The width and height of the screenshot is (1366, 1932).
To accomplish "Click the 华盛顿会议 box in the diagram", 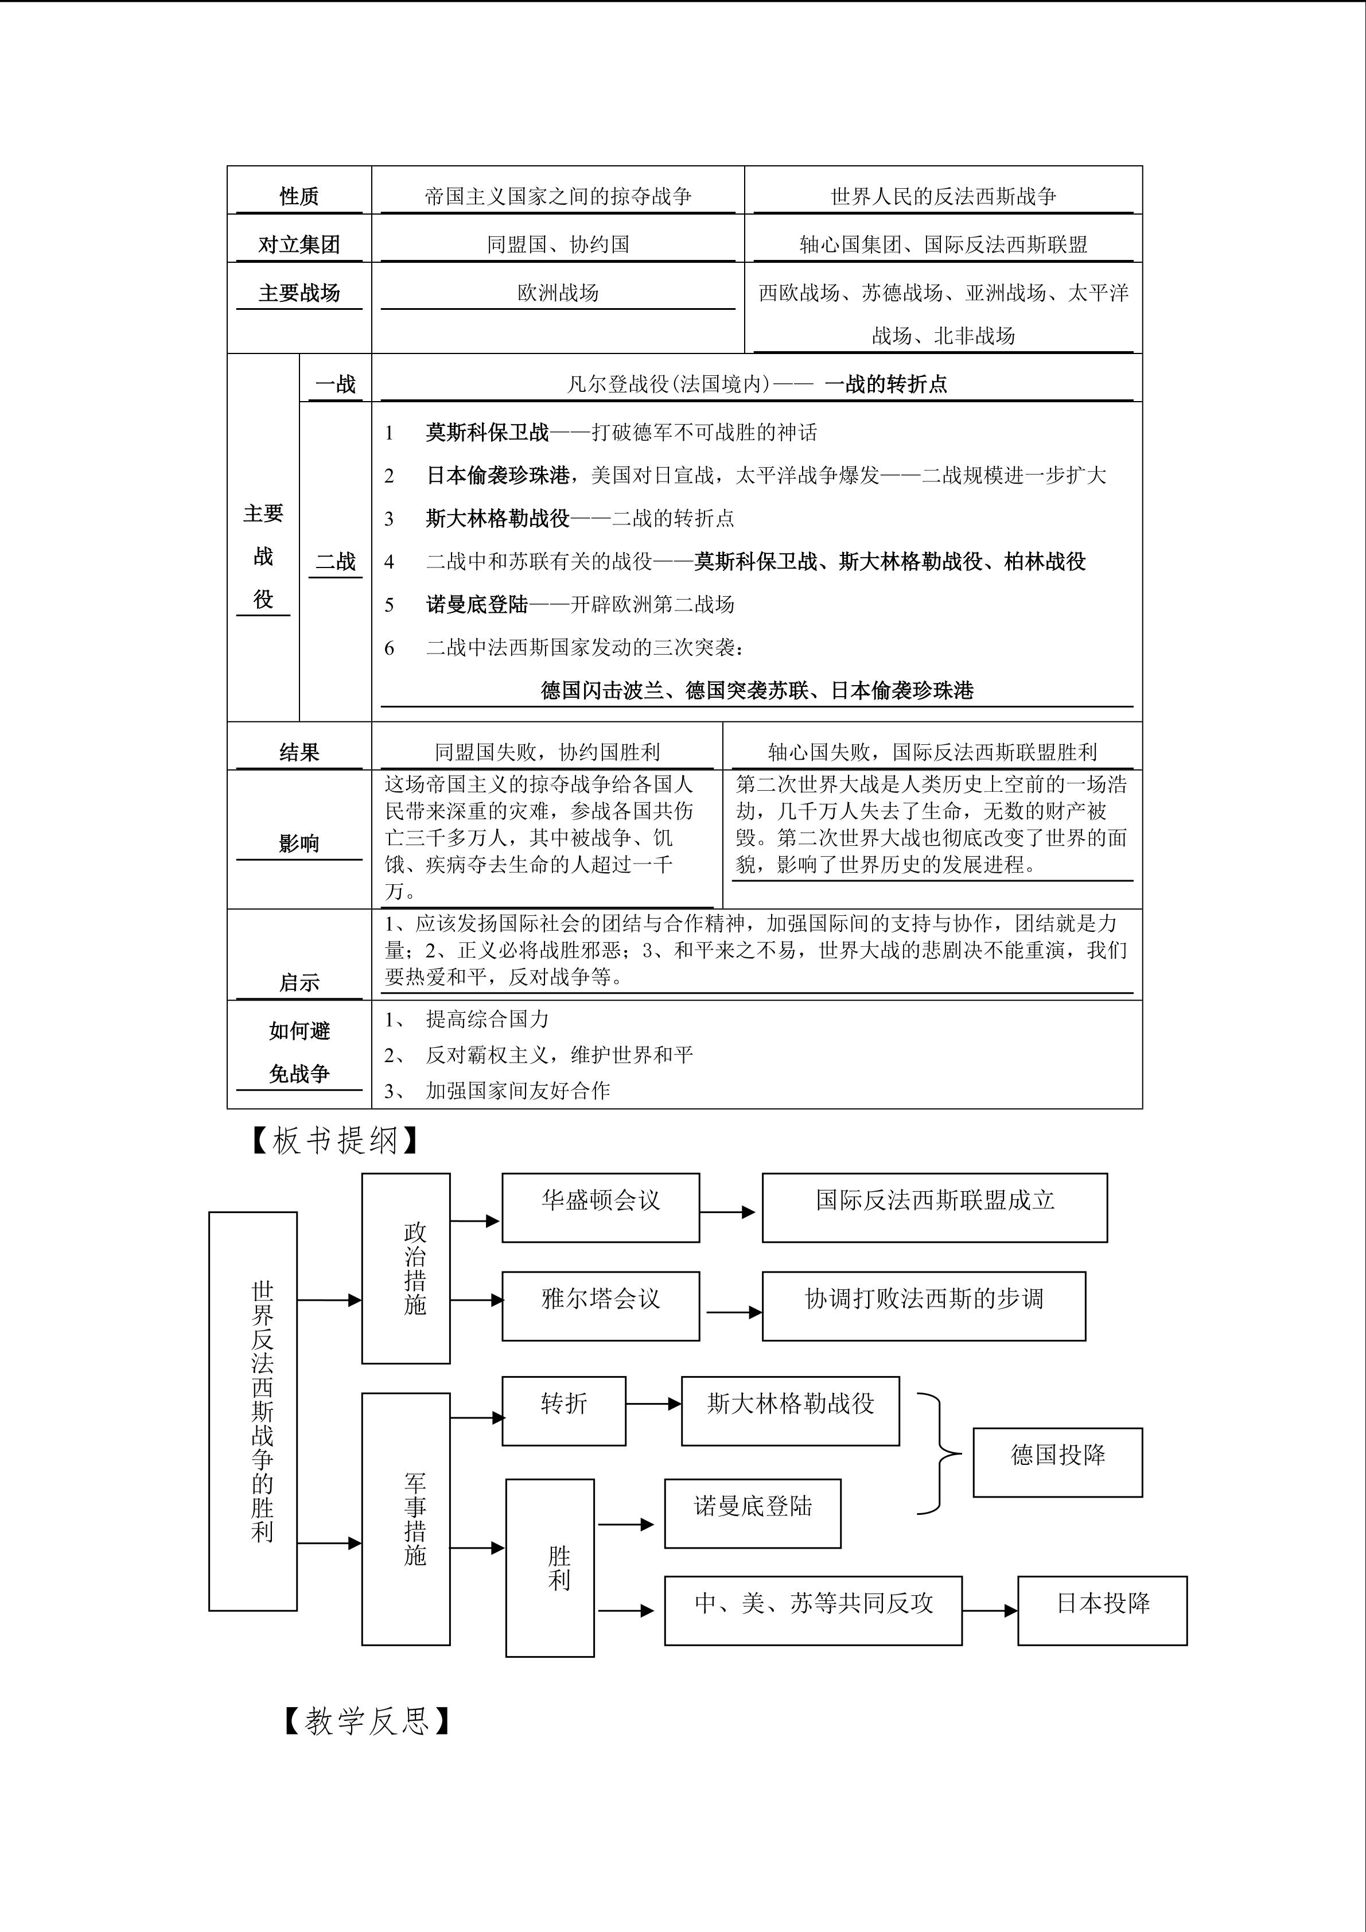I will (601, 1207).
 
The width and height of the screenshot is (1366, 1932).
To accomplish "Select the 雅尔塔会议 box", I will (601, 1306).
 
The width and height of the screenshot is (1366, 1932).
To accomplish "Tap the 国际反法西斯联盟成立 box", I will (935, 1207).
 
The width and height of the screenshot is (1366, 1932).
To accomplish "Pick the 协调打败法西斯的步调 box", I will (924, 1306).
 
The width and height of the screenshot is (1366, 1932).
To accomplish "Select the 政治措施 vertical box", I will (406, 1268).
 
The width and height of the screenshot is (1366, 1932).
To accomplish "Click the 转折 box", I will (563, 1411).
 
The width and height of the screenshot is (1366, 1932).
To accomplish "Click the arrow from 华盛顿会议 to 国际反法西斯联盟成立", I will (727, 1212).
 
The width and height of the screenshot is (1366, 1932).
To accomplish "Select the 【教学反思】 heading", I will (367, 1721).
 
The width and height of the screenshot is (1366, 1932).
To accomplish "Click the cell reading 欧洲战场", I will (558, 293).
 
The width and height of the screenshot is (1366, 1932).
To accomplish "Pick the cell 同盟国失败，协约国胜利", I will (547, 752).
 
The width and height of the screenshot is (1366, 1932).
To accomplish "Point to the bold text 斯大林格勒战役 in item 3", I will (498, 518).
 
